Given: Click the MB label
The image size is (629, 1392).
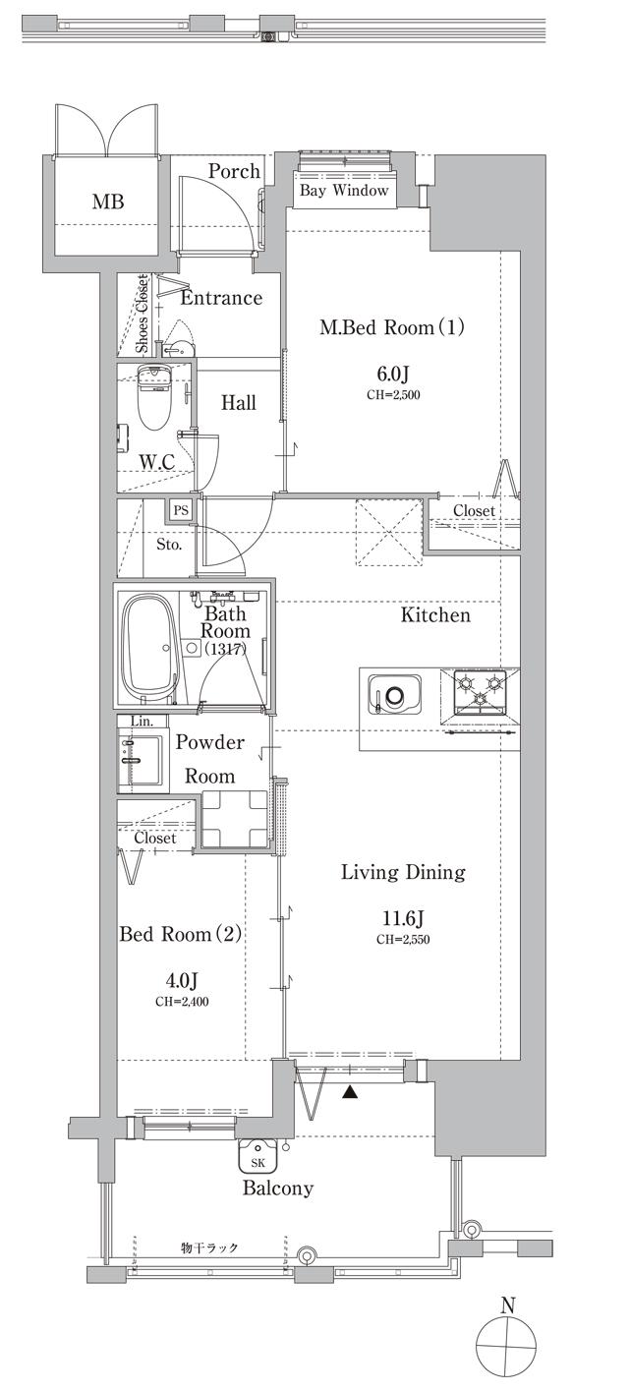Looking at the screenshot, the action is (108, 202).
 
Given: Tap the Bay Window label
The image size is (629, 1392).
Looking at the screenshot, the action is (344, 190).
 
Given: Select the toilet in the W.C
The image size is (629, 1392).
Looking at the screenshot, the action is (153, 398).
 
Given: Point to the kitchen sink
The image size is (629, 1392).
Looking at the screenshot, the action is (394, 693).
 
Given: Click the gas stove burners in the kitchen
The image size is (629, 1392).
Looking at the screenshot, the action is (480, 690).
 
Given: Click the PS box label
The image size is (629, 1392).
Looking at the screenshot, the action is (181, 511).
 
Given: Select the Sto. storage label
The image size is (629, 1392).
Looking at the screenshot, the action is (169, 545).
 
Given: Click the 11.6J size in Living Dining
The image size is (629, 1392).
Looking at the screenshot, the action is (403, 917).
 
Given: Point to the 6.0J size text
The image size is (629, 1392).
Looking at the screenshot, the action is (393, 374).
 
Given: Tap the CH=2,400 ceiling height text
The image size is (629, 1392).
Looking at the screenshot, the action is (182, 1001).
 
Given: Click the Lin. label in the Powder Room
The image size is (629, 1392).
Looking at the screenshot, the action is (143, 722).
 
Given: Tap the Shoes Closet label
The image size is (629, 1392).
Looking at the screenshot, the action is (142, 314).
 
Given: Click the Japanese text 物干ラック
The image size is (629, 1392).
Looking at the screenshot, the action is (209, 1247).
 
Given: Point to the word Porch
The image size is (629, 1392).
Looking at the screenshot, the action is (234, 171).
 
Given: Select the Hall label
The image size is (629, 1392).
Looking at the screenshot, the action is (239, 403).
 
